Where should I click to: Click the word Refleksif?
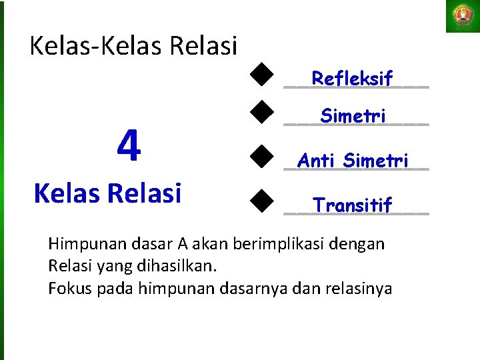352,79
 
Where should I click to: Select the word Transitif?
353,205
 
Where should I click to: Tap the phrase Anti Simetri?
353,161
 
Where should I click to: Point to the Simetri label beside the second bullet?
353,116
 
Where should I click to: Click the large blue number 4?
129,146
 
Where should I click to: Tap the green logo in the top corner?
462,16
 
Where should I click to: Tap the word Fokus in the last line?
66,289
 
